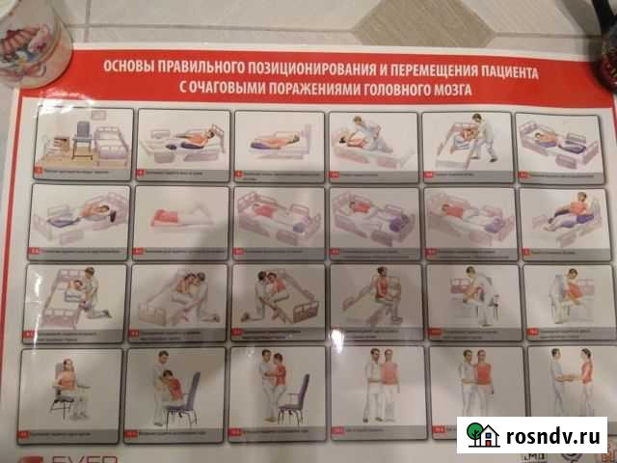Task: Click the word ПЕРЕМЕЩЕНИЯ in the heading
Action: [412, 72]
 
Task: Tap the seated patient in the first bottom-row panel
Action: [68, 385]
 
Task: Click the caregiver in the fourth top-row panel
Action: [364, 135]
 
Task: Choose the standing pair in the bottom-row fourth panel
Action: [380, 383]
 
